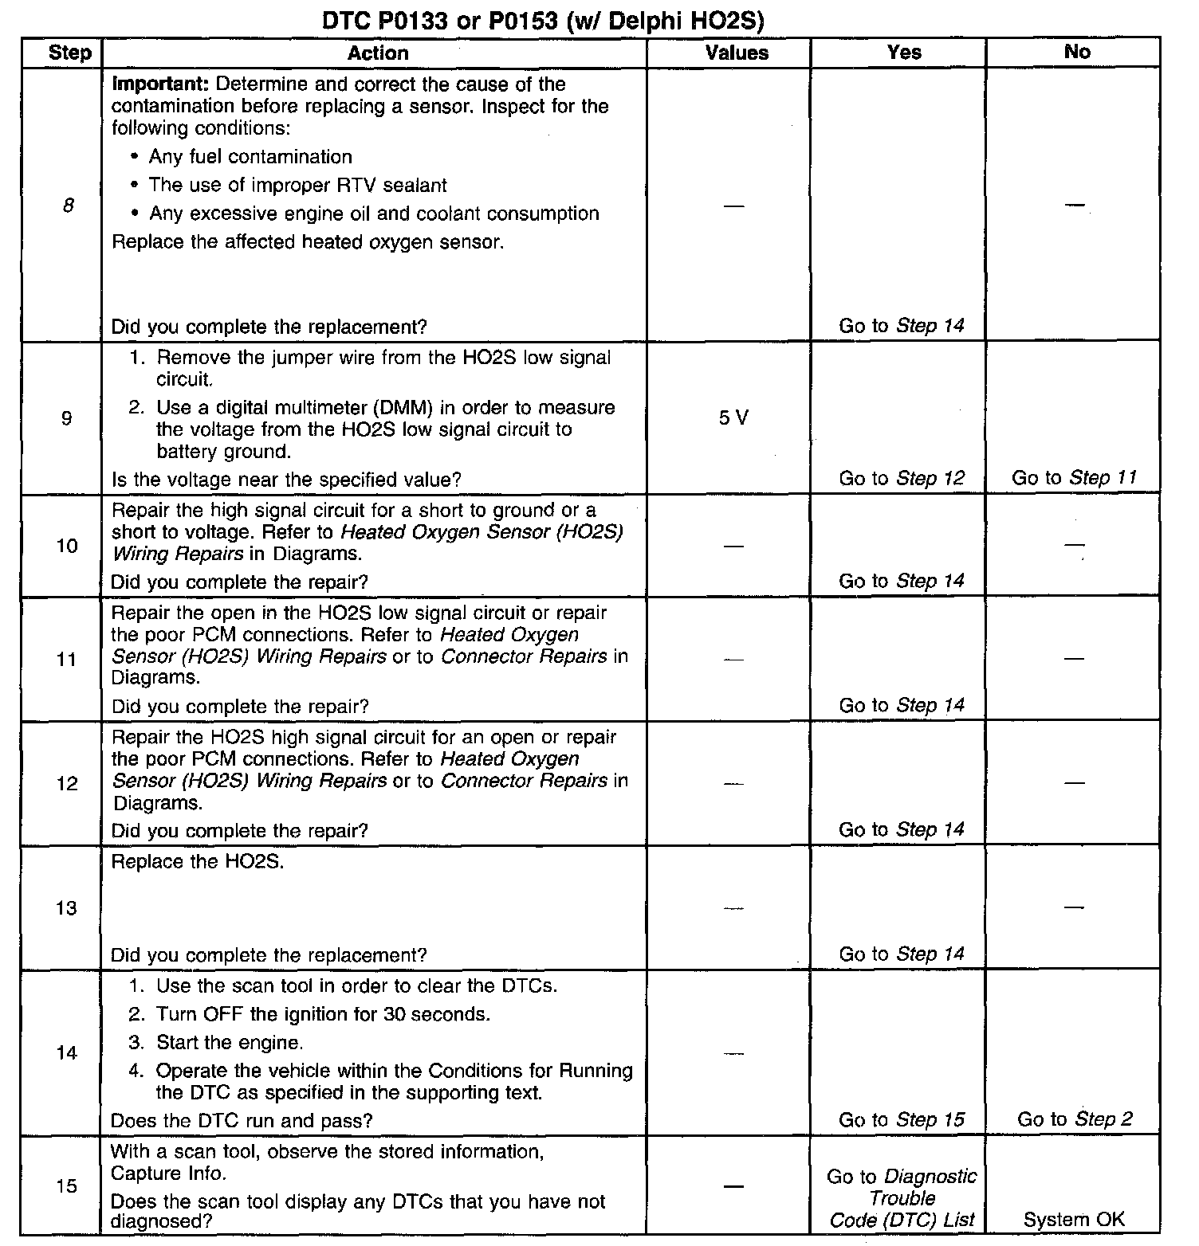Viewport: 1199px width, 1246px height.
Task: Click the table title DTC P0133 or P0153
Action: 543,21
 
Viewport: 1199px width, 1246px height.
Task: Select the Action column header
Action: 378,53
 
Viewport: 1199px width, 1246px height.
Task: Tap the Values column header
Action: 737,53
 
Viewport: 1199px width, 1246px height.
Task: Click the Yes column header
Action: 904,53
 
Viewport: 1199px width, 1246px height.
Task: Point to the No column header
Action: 1076,52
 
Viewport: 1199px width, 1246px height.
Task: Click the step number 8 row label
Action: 68,206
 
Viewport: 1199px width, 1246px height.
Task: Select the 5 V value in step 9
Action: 733,417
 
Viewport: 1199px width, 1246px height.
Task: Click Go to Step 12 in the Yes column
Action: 901,478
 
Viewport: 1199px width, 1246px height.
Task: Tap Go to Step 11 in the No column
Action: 1074,477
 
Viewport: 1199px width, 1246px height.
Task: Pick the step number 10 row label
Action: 67,546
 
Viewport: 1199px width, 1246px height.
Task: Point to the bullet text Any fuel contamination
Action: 250,157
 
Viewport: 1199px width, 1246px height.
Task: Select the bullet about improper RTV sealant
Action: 297,186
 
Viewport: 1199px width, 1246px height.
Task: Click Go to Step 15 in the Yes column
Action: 901,1119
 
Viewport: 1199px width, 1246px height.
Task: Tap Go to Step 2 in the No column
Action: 1075,1119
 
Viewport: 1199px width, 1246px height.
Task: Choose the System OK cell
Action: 1074,1219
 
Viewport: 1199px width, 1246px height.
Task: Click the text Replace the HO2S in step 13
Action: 197,862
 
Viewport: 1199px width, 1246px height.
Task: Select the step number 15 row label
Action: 67,1186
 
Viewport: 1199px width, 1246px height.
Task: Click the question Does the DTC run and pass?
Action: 242,1121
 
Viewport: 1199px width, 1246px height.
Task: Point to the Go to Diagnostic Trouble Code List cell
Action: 902,1198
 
